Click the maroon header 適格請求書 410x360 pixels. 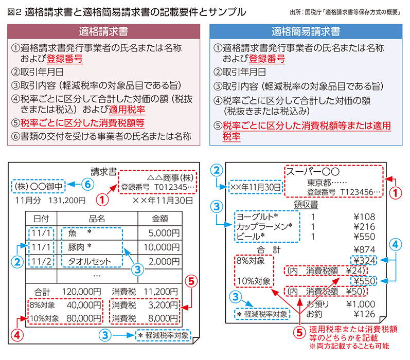coord(103,31)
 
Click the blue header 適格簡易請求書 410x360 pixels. coord(306,31)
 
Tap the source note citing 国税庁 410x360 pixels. coord(345,12)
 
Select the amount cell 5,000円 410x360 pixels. coord(164,233)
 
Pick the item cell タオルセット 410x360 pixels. coord(90,261)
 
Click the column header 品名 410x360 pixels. coord(97,219)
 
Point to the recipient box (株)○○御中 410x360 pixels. coord(39,186)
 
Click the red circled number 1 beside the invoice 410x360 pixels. coord(102,200)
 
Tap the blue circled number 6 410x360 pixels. coord(87,184)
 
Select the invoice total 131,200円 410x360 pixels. coord(67,201)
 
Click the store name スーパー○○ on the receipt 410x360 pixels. coord(313,171)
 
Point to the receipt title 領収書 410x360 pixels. coord(306,204)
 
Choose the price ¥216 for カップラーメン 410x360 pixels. coord(364,227)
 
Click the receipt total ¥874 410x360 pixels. coord(364,249)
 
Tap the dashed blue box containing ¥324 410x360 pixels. coord(364,260)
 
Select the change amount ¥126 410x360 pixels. coord(364,314)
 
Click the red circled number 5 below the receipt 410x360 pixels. coord(300,333)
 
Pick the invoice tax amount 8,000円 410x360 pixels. coord(163,318)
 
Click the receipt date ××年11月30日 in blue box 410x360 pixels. coord(256,187)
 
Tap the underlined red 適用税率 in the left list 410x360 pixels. coord(127,110)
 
